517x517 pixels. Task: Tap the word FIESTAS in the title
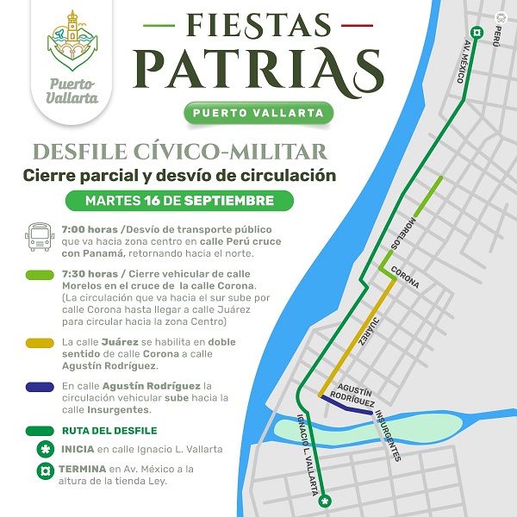[x=258, y=26]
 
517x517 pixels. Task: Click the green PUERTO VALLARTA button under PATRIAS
[x=258, y=113]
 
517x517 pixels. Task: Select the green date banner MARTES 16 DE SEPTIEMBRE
[x=179, y=201]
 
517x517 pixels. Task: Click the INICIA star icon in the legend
[x=40, y=449]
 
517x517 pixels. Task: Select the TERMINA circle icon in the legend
[x=40, y=470]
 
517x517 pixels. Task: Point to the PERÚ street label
[x=496, y=34]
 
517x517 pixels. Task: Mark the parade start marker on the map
[x=325, y=501]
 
